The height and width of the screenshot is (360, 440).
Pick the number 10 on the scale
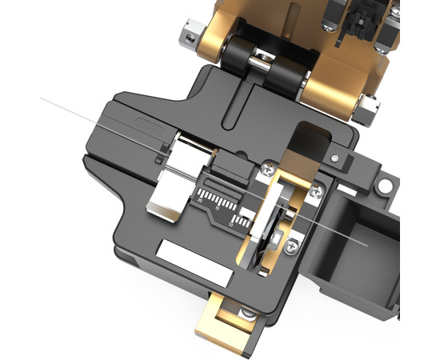click(232, 229)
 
